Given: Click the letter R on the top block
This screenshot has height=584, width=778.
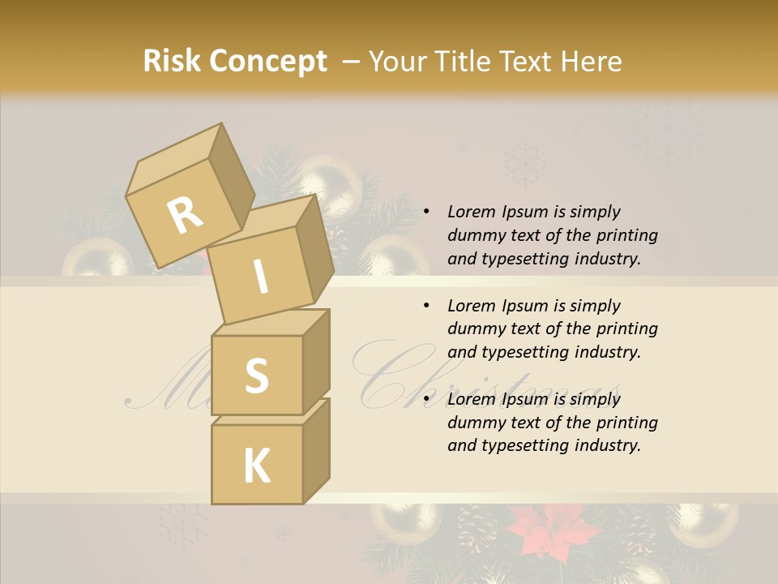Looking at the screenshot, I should [186, 216].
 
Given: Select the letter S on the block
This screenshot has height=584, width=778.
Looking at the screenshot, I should [256, 376].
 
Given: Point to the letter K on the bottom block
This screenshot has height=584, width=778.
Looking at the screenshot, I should [256, 466].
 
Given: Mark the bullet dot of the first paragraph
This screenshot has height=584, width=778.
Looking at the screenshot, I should [426, 213].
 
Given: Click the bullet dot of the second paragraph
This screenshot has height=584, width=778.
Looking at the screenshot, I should [426, 307].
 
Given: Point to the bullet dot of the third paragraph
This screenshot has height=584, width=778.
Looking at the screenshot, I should [426, 400].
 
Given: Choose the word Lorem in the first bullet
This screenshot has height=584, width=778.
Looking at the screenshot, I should [471, 212].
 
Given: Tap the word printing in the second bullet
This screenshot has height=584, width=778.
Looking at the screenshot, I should [625, 328].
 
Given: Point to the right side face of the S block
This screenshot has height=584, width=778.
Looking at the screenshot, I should [316, 361].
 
